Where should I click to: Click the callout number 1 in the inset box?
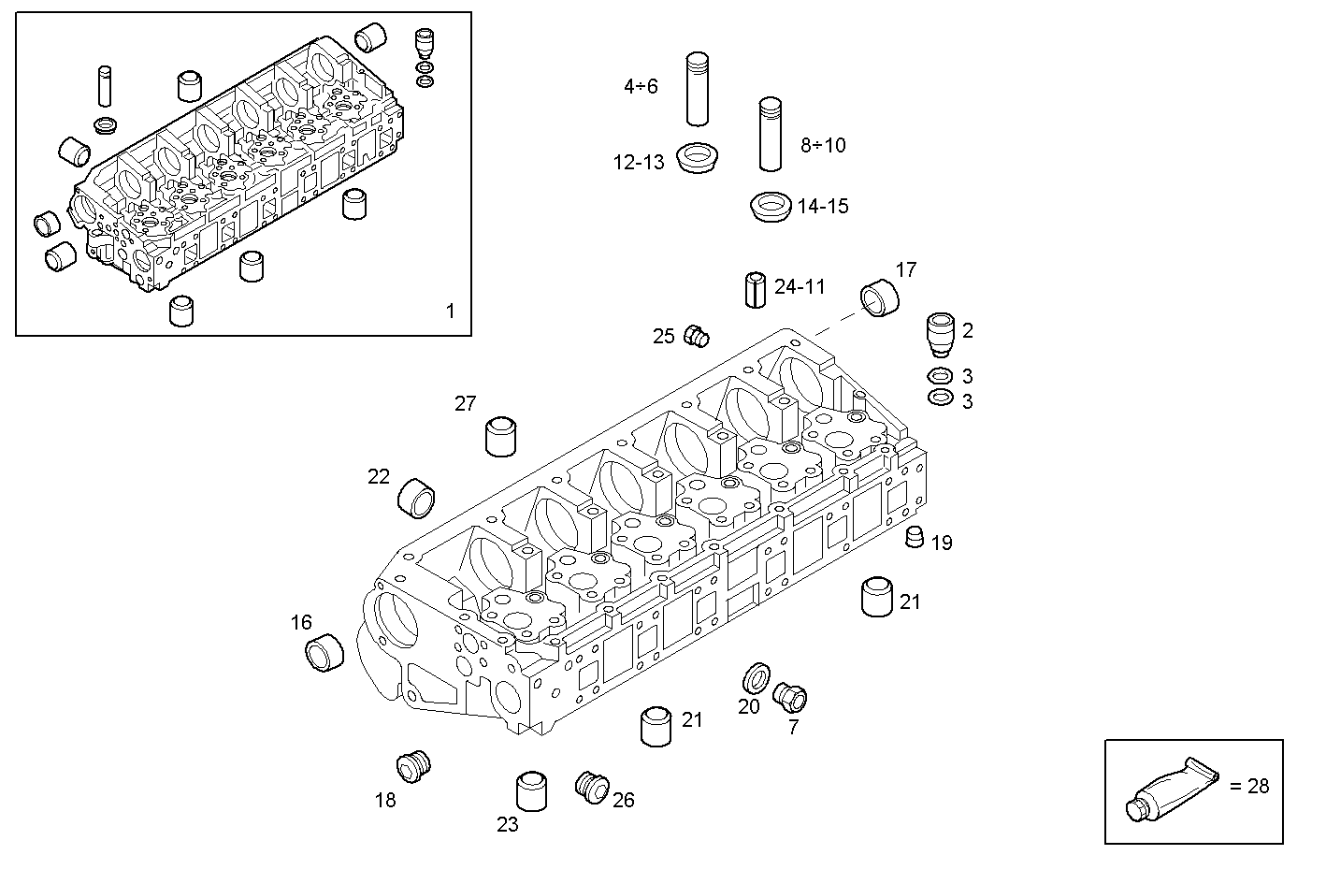tap(450, 311)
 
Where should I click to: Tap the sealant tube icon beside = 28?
tap(1173, 788)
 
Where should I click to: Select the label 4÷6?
tap(641, 87)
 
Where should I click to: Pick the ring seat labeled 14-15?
tap(771, 207)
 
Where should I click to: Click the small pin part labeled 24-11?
tap(756, 288)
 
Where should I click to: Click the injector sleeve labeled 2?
tap(940, 335)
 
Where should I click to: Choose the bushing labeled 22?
tap(417, 497)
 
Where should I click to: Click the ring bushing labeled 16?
tap(324, 651)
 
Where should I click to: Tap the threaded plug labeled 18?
tap(412, 766)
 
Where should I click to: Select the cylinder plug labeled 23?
tap(531, 792)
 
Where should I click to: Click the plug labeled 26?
tap(590, 786)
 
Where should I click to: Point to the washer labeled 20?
tap(756, 676)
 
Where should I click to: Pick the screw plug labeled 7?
tap(790, 696)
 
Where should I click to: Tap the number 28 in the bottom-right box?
tap(1258, 786)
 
